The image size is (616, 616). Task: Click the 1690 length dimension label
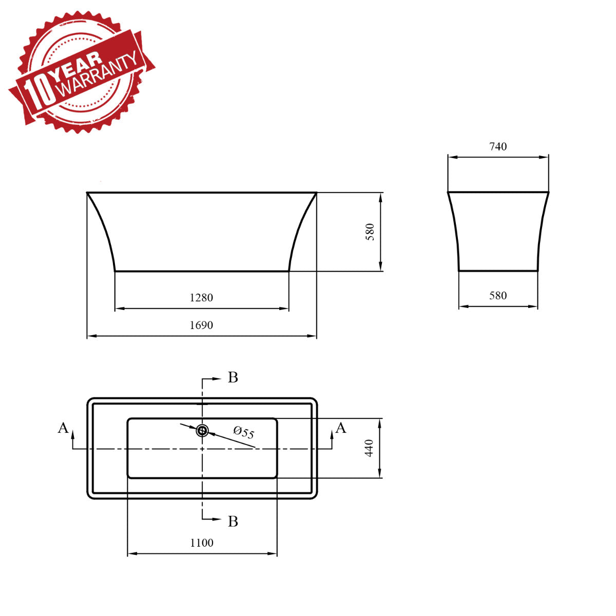pyautogui.click(x=201, y=325)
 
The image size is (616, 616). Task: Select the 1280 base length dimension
pyautogui.click(x=201, y=298)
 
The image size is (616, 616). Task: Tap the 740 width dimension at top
pyautogui.click(x=498, y=147)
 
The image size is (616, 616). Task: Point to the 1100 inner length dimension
pyautogui.click(x=202, y=543)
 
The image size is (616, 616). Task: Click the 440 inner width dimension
pyautogui.click(x=369, y=448)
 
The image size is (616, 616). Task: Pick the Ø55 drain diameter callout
pyautogui.click(x=244, y=432)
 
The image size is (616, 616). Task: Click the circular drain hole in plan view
pyautogui.click(x=202, y=431)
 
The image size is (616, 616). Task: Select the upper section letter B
pyautogui.click(x=233, y=378)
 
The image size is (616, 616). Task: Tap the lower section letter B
pyautogui.click(x=233, y=522)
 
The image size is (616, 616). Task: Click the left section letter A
pyautogui.click(x=63, y=428)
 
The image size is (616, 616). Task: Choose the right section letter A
pyautogui.click(x=341, y=428)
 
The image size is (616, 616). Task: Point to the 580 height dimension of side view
pyautogui.click(x=370, y=232)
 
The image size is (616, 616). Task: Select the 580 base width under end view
pyautogui.click(x=498, y=296)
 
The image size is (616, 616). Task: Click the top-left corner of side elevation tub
pyautogui.click(x=88, y=193)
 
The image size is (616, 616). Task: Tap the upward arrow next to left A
pyautogui.click(x=73, y=434)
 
